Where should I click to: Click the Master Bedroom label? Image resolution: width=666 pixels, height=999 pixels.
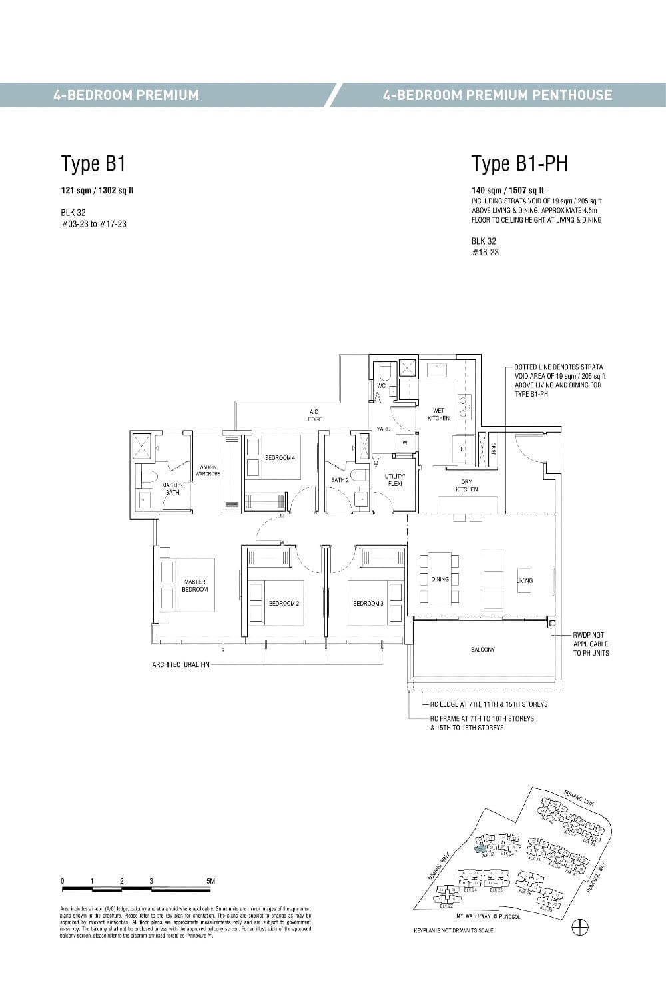tap(194, 586)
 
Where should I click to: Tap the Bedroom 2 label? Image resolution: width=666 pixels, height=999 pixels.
tap(284, 604)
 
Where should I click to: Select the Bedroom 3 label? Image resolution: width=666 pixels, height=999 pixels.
tap(368, 604)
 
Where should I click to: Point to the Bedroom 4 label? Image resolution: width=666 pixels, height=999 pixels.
tap(280, 458)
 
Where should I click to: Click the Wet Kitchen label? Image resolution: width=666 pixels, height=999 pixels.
tap(438, 414)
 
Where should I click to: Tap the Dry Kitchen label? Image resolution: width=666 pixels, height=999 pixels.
tap(466, 485)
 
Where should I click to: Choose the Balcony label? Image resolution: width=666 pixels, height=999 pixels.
tap(483, 650)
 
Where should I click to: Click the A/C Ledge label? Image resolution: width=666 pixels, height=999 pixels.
tap(314, 415)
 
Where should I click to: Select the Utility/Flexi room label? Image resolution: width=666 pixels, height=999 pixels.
tap(394, 480)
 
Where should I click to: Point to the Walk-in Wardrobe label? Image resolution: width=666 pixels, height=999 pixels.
tap(208, 471)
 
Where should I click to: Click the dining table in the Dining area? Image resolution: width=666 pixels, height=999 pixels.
tap(440, 579)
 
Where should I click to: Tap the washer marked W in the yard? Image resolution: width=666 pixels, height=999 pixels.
tap(404, 443)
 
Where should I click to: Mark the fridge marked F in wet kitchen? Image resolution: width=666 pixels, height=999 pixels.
tap(462, 449)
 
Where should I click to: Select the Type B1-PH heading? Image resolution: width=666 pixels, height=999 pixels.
tap(519, 163)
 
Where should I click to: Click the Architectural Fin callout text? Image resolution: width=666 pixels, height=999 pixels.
tap(180, 665)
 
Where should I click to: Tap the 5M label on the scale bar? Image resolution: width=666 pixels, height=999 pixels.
tap(210, 881)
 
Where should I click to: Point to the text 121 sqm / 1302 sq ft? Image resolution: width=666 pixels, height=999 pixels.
tap(97, 191)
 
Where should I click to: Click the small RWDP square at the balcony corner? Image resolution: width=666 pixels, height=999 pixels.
tap(552, 624)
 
